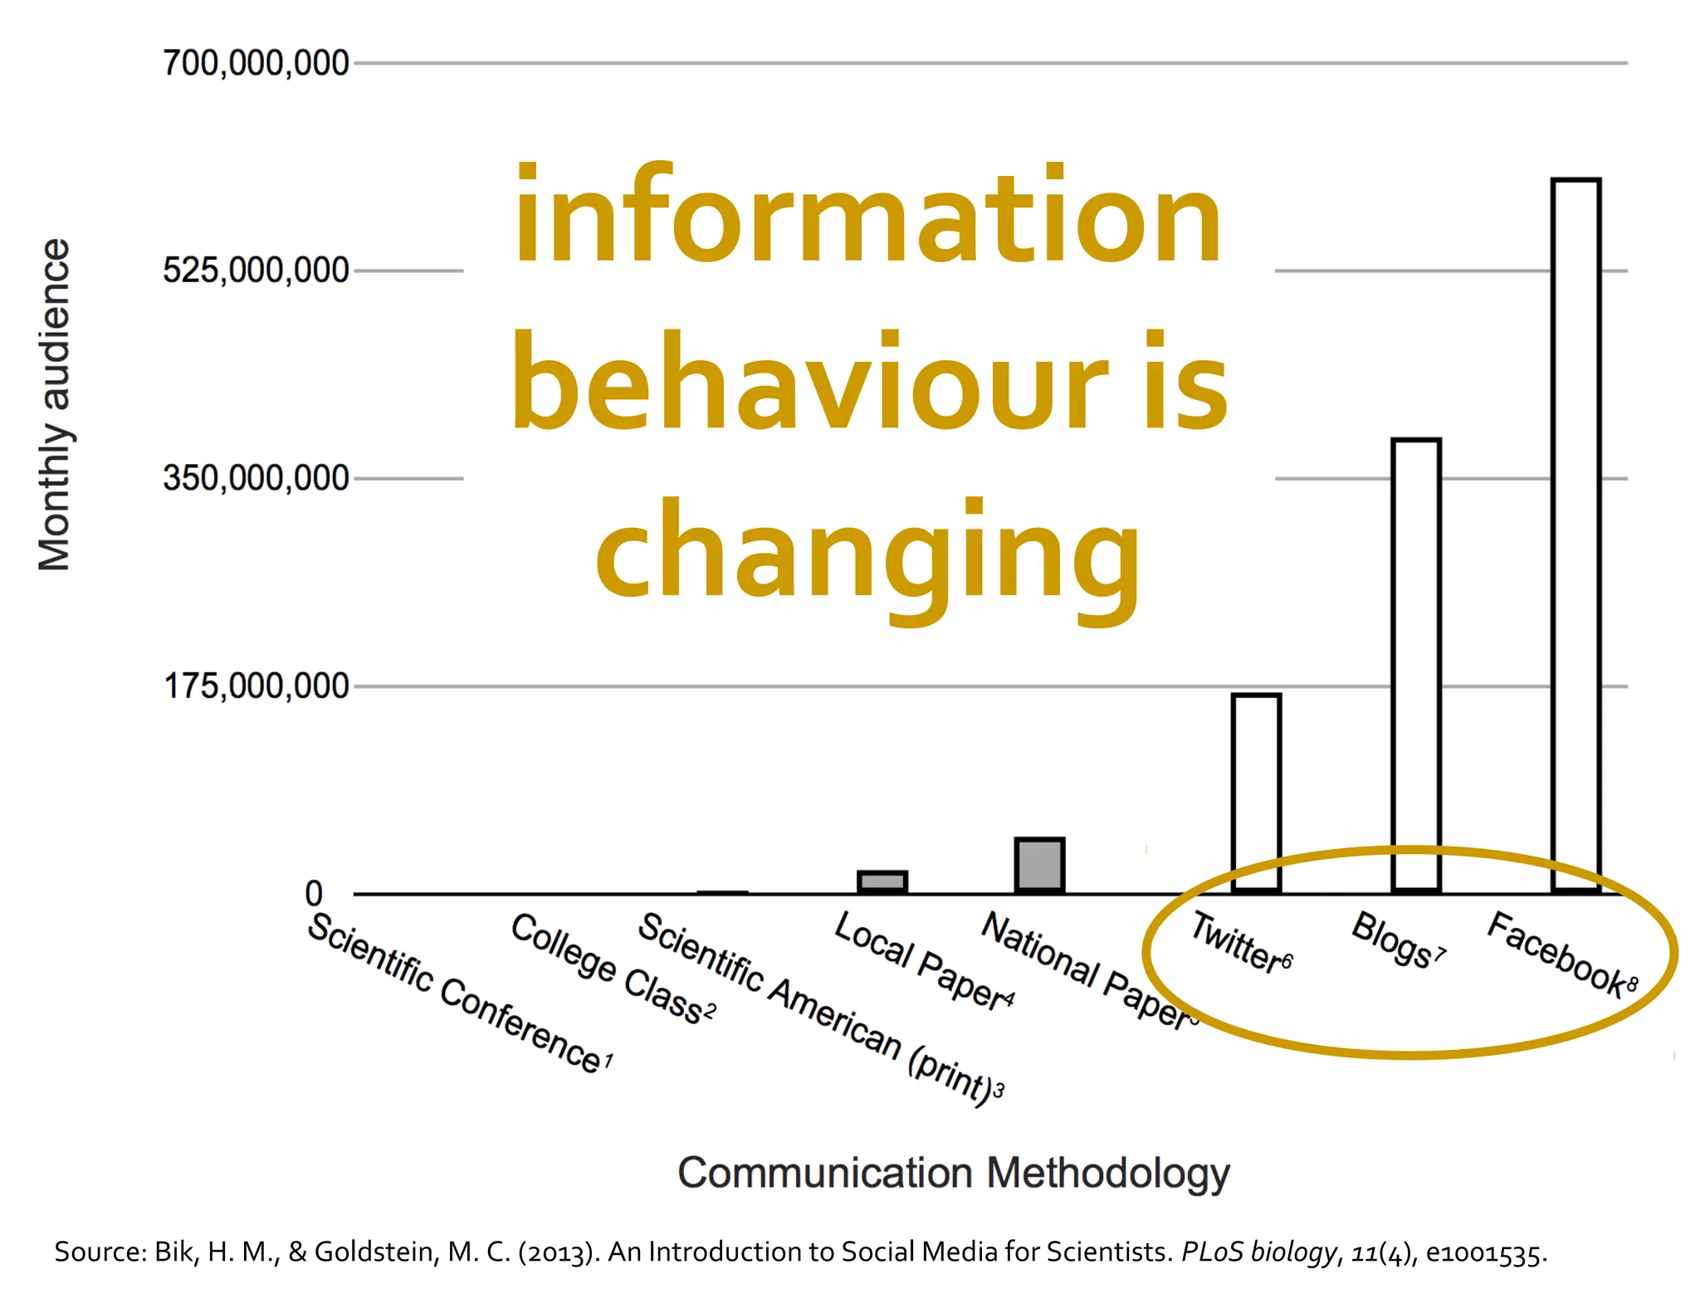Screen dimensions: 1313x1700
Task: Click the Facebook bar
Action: pyautogui.click(x=1575, y=535)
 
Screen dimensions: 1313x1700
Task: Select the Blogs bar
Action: pyautogui.click(x=1416, y=664)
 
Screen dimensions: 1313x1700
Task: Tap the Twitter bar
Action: pyautogui.click(x=1256, y=793)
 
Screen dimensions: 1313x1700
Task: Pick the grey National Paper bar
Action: pyautogui.click(x=1039, y=866)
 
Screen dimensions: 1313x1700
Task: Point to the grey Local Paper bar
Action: pyautogui.click(x=882, y=881)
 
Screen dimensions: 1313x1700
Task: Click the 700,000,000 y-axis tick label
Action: pyautogui.click(x=256, y=63)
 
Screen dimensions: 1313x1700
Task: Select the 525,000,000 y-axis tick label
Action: pyautogui.click(x=256, y=271)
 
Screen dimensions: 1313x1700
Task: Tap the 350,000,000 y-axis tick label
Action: pyautogui.click(x=256, y=479)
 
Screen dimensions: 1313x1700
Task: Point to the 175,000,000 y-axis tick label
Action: pyautogui.click(x=256, y=686)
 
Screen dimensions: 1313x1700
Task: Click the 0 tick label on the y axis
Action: pyautogui.click(x=314, y=894)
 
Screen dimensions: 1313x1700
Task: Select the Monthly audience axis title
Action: pyautogui.click(x=55, y=405)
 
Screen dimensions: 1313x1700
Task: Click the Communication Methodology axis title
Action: pyautogui.click(x=953, y=1173)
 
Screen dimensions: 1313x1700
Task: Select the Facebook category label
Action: pyautogui.click(x=1561, y=954)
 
